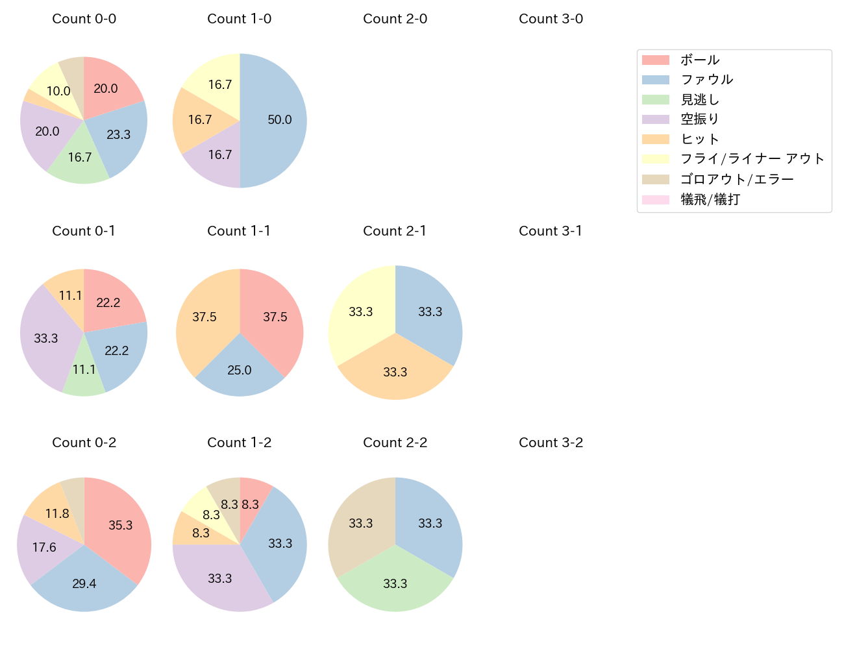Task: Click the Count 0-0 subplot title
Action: click(x=84, y=19)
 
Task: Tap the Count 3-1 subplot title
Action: click(x=551, y=231)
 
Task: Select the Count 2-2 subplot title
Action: click(x=395, y=443)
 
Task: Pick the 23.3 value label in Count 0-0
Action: click(x=118, y=134)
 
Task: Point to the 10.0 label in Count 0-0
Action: click(x=58, y=92)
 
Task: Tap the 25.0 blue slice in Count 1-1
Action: click(x=240, y=370)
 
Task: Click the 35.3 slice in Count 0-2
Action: click(x=120, y=526)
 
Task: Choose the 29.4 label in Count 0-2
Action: click(x=84, y=583)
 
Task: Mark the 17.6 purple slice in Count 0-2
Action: click(x=44, y=547)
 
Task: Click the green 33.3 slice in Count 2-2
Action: click(x=395, y=583)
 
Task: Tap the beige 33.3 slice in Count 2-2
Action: click(x=360, y=523)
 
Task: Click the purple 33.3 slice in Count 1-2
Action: click(x=219, y=578)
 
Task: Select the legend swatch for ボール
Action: click(x=655, y=60)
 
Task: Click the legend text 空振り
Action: click(x=700, y=119)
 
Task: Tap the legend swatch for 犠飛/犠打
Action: click(x=655, y=199)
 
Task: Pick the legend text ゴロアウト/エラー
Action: click(x=737, y=179)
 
